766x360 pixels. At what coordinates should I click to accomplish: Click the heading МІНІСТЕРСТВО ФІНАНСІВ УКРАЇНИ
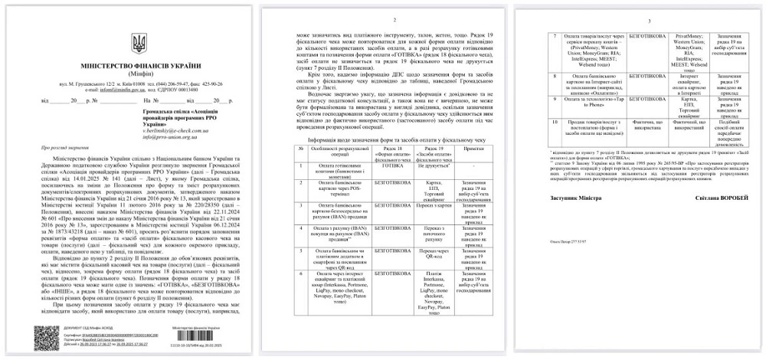tap(139, 67)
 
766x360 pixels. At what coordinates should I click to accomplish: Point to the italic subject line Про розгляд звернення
tap(63, 146)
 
